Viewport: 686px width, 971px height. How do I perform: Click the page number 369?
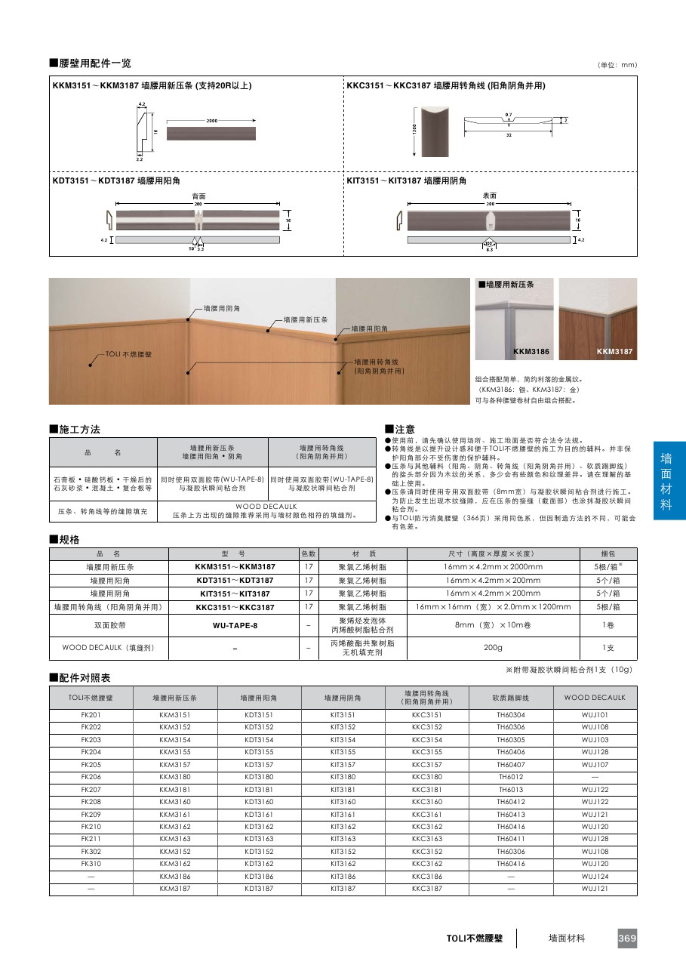click(627, 939)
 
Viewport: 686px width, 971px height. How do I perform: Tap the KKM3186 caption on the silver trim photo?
click(531, 352)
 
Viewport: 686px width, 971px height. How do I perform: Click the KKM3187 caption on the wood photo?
click(614, 352)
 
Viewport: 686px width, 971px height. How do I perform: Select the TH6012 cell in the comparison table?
click(511, 776)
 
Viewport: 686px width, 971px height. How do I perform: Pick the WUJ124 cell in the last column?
click(595, 877)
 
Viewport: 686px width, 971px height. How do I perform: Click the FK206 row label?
click(91, 776)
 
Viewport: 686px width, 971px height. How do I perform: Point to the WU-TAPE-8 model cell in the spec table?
click(235, 625)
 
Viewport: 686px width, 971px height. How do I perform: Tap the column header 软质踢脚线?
click(511, 698)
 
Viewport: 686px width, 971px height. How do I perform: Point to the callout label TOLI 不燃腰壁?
click(128, 353)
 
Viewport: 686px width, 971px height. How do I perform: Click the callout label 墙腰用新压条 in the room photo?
click(306, 320)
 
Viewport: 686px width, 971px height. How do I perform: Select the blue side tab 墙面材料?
click(666, 481)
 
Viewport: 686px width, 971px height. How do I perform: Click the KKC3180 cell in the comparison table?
click(427, 776)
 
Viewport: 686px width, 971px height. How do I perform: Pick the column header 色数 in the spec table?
click(309, 553)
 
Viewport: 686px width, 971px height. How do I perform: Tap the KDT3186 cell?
click(259, 877)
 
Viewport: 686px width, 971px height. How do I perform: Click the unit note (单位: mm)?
click(617, 66)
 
